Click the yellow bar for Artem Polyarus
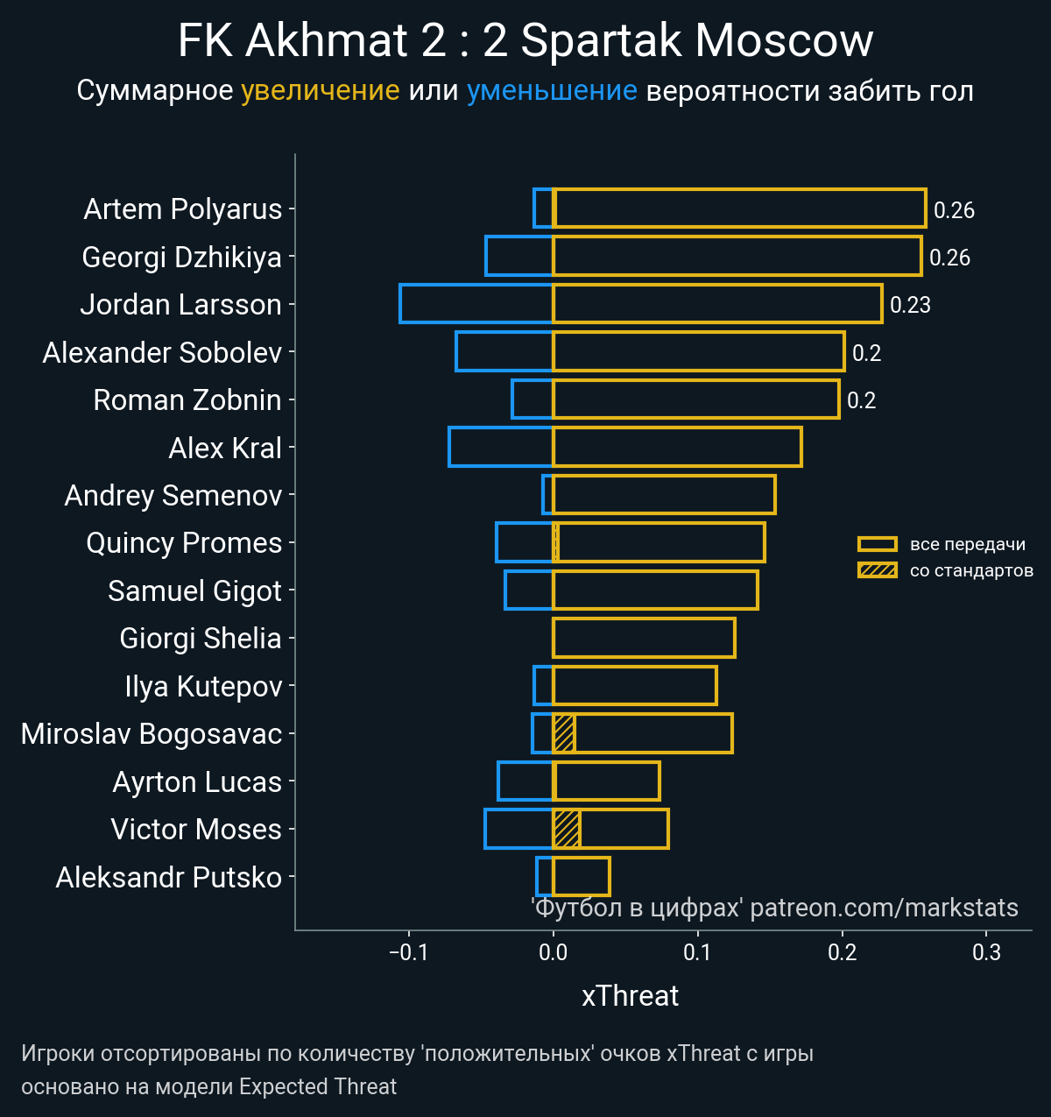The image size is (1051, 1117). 740,209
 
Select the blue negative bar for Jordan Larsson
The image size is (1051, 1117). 476,304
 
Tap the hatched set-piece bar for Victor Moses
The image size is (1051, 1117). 566,829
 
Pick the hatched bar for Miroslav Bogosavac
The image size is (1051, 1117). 563,733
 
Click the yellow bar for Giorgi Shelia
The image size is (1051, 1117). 644,638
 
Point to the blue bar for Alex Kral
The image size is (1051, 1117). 500,447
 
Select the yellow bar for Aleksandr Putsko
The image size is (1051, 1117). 582,876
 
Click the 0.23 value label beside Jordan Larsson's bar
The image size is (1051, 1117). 910,305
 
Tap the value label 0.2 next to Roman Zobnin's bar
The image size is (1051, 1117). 861,400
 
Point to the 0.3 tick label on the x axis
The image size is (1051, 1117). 986,952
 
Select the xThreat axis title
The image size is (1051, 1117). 630,996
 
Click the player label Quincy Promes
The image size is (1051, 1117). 184,543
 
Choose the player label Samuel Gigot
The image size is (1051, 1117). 194,590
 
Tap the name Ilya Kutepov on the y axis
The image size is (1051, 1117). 203,686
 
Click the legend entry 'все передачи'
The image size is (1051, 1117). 967,544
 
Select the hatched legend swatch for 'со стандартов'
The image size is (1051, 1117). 877,570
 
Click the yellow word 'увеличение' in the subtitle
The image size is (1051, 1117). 320,90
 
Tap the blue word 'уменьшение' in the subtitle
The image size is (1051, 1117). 552,90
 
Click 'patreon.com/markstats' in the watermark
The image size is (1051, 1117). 884,908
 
